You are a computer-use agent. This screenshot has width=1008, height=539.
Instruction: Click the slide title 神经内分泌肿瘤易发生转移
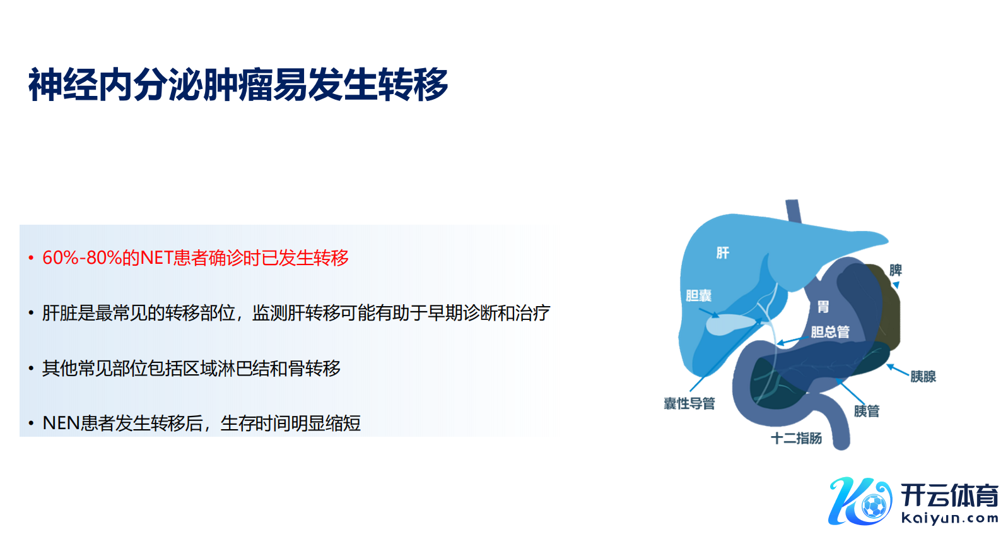click(238, 85)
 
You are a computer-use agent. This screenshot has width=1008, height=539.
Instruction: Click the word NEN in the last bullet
click(61, 423)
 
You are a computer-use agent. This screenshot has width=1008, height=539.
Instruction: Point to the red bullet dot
click(31, 258)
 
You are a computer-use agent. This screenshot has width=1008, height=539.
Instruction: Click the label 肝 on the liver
click(723, 253)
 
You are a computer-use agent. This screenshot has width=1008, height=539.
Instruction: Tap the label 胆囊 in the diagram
click(698, 295)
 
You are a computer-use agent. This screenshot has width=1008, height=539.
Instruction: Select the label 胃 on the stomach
click(823, 307)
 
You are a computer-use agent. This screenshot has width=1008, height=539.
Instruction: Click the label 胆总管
click(830, 332)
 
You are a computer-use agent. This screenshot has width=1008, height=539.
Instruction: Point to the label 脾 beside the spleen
click(896, 270)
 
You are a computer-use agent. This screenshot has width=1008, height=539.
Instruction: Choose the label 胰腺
click(923, 376)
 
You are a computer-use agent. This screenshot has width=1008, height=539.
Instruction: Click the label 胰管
click(867, 411)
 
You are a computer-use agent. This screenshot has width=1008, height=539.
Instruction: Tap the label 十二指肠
click(797, 438)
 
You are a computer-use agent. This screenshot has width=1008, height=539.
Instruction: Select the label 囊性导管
click(689, 403)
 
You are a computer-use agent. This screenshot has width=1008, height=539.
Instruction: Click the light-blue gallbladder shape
click(730, 324)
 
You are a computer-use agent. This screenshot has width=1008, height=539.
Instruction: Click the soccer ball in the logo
click(874, 507)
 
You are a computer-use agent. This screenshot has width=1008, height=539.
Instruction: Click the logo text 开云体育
click(949, 496)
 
